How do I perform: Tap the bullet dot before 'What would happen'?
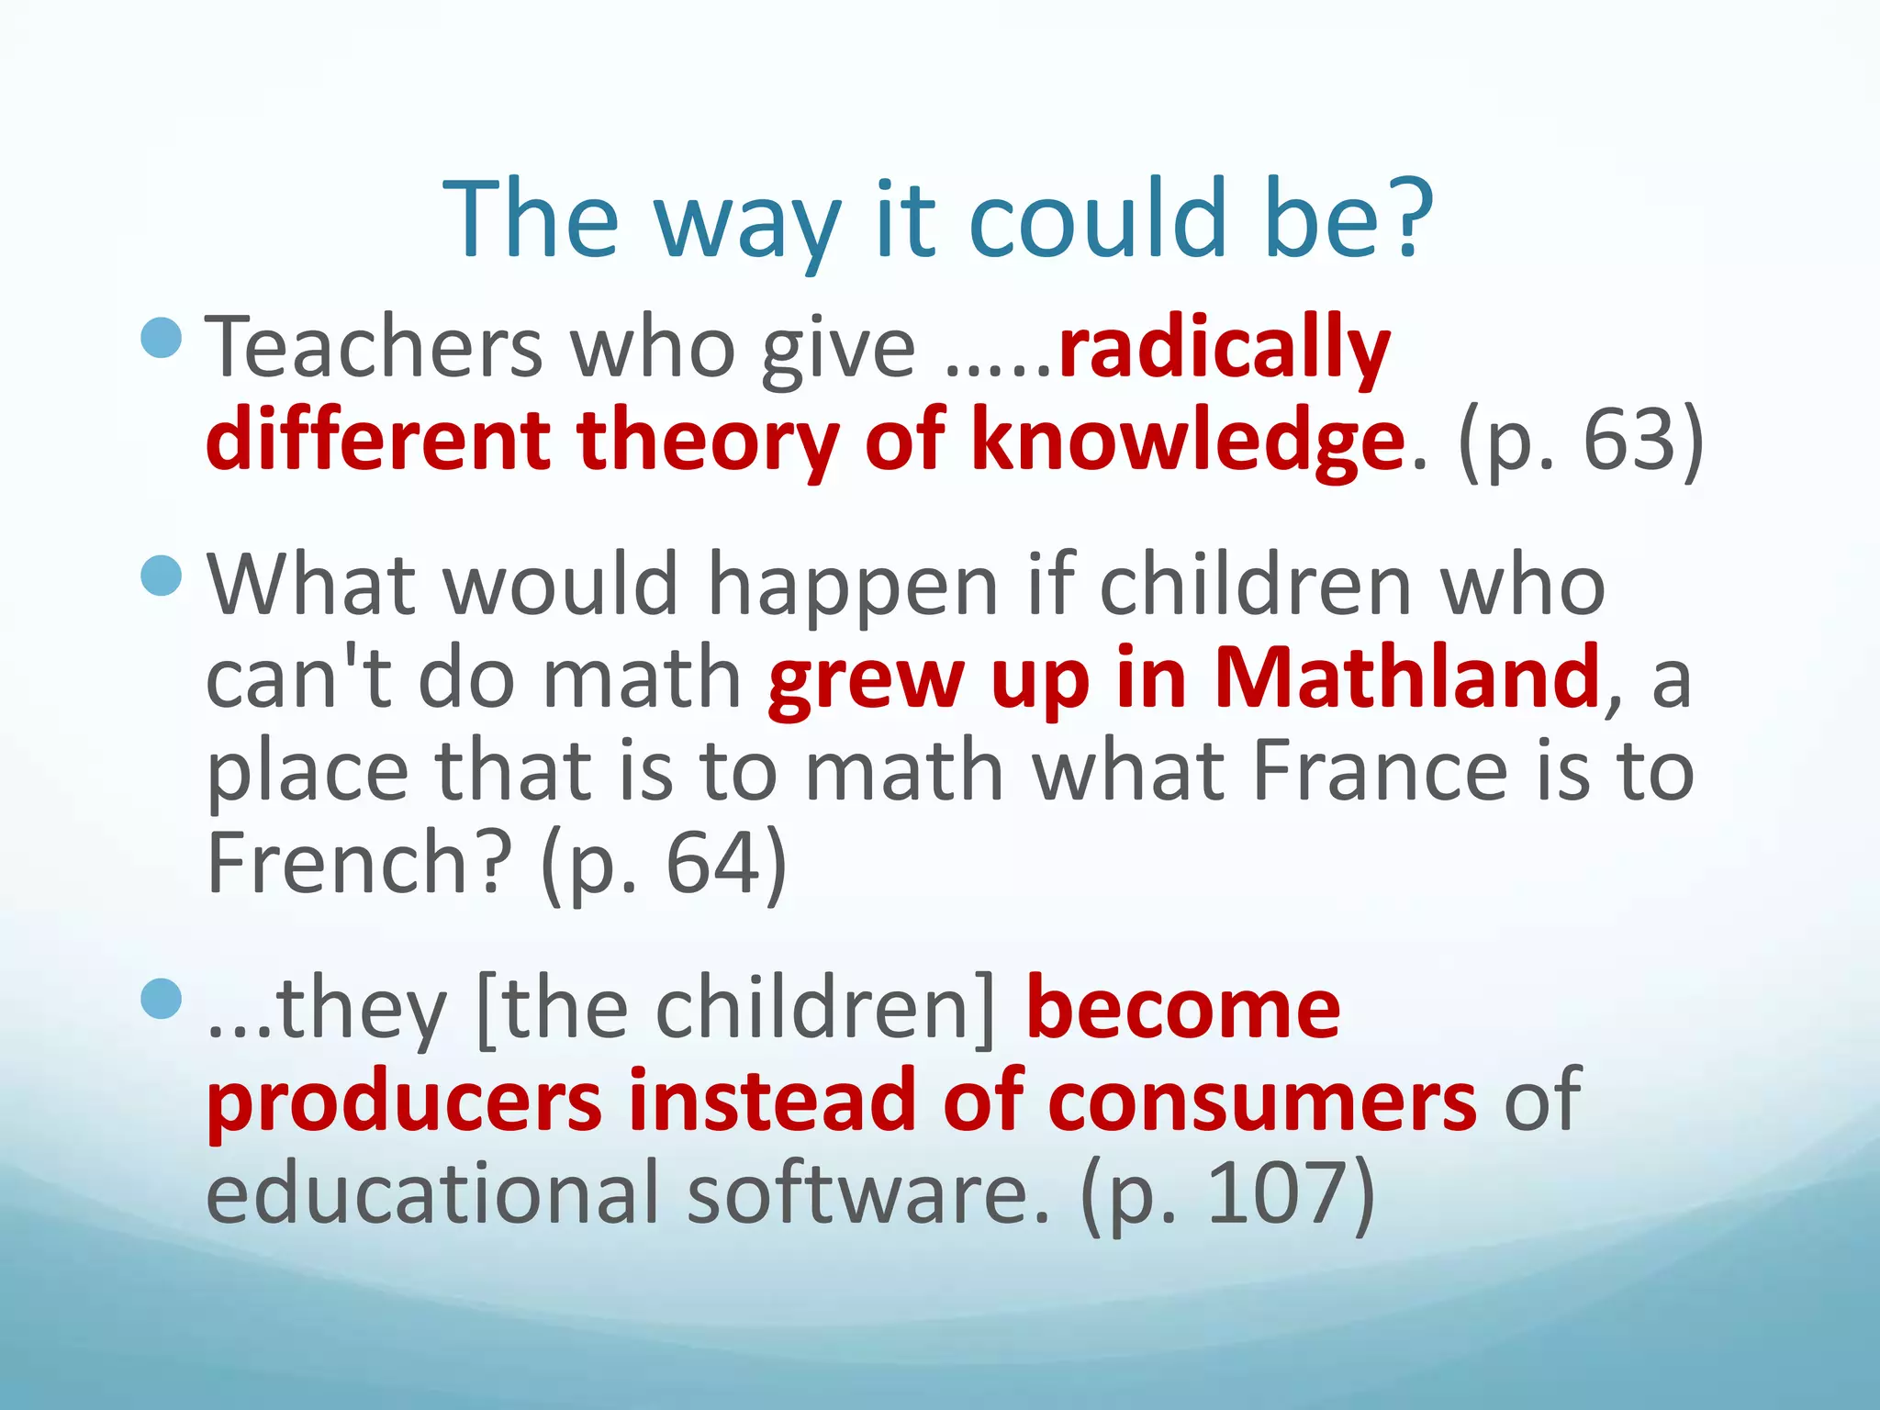[x=162, y=576]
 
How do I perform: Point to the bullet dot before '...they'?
[x=162, y=999]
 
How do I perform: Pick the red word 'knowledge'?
[x=1188, y=442]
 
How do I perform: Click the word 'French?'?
[x=358, y=863]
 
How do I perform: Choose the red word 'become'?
[x=1183, y=1009]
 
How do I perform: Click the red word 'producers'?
[x=404, y=1101]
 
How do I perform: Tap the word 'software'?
[x=868, y=1192]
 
